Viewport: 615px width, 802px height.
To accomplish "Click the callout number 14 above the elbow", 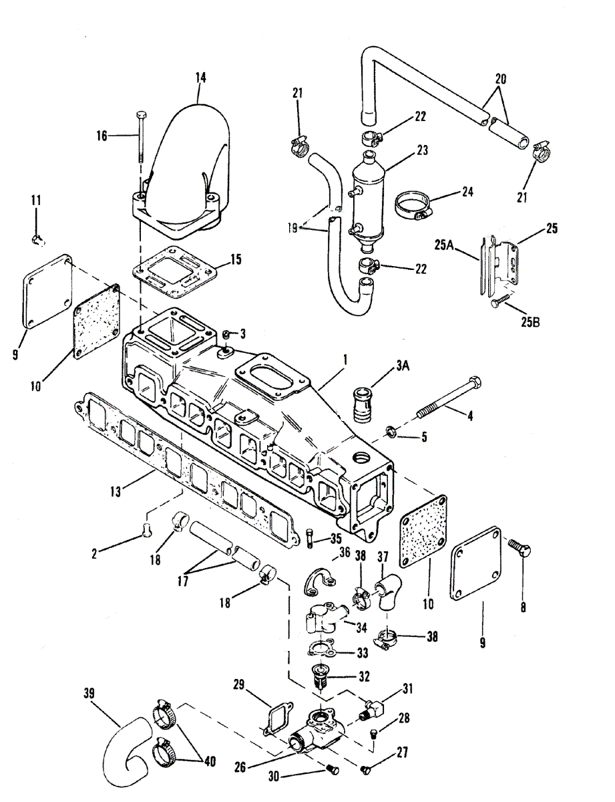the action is (200, 78).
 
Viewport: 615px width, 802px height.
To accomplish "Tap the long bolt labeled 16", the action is (141, 136).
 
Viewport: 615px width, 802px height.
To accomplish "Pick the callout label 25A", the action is (446, 245).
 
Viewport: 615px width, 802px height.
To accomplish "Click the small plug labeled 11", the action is (38, 241).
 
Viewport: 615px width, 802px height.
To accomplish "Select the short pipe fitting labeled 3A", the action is (364, 404).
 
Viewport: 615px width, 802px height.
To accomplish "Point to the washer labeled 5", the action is (391, 430).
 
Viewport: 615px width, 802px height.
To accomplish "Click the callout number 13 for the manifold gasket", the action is (116, 492).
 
